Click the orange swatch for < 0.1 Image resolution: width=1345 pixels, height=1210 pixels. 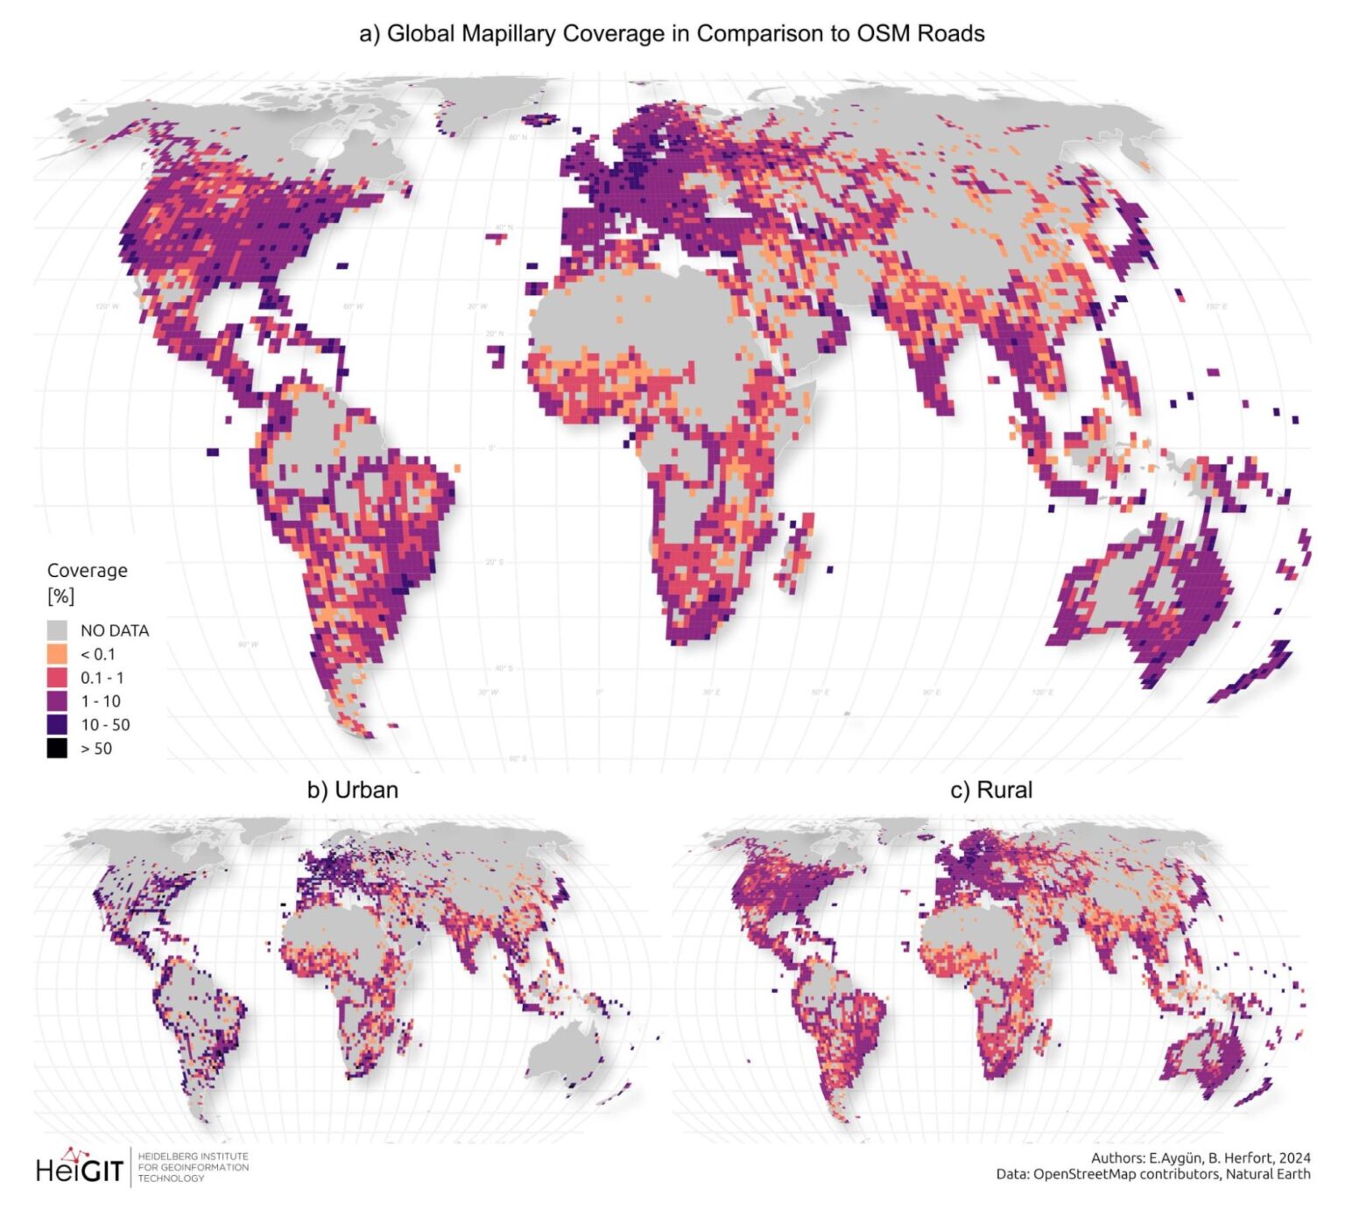(57, 654)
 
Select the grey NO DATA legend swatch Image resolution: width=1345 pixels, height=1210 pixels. (57, 630)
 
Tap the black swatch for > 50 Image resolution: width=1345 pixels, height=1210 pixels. (57, 749)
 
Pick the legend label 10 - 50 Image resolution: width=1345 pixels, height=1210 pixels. (104, 725)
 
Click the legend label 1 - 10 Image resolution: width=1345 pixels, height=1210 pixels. (100, 701)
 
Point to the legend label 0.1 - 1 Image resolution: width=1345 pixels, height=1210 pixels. (102, 678)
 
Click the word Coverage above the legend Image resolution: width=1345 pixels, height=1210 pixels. (87, 570)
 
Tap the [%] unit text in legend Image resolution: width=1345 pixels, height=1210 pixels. (60, 596)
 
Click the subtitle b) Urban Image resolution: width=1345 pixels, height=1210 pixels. (352, 790)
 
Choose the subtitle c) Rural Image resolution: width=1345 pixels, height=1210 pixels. (991, 790)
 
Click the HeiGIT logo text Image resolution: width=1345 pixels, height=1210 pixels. (79, 1169)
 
